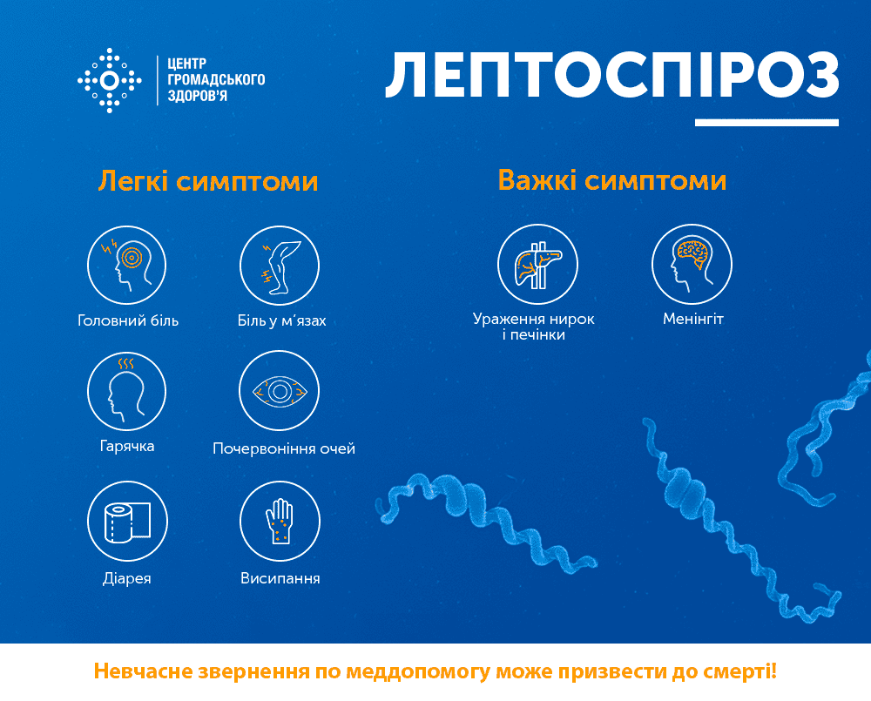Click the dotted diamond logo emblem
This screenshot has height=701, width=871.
pos(110,80)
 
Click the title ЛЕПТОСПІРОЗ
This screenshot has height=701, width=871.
pos(612,76)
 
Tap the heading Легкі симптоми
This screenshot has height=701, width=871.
pos(208,182)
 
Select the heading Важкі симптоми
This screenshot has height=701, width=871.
pos(612,180)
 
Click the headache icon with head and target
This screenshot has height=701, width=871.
pos(126,265)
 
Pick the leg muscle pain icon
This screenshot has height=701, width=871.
pos(280,265)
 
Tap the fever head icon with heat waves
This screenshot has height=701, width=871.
pos(126,391)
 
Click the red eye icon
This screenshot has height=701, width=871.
pos(280,390)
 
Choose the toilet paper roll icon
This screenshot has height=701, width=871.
pos(127,521)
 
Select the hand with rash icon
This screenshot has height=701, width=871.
pos(280,521)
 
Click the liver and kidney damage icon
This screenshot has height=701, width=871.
pos(537,264)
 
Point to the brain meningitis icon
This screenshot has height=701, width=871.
pos(692,264)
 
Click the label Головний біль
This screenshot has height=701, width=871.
pos(128,320)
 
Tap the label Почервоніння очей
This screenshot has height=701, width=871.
pos(284,448)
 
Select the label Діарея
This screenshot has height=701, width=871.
pos(126,578)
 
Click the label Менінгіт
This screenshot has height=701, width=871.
pos(693,319)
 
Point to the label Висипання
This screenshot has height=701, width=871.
pos(280,578)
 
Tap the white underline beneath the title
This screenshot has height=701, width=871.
pos(766,123)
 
